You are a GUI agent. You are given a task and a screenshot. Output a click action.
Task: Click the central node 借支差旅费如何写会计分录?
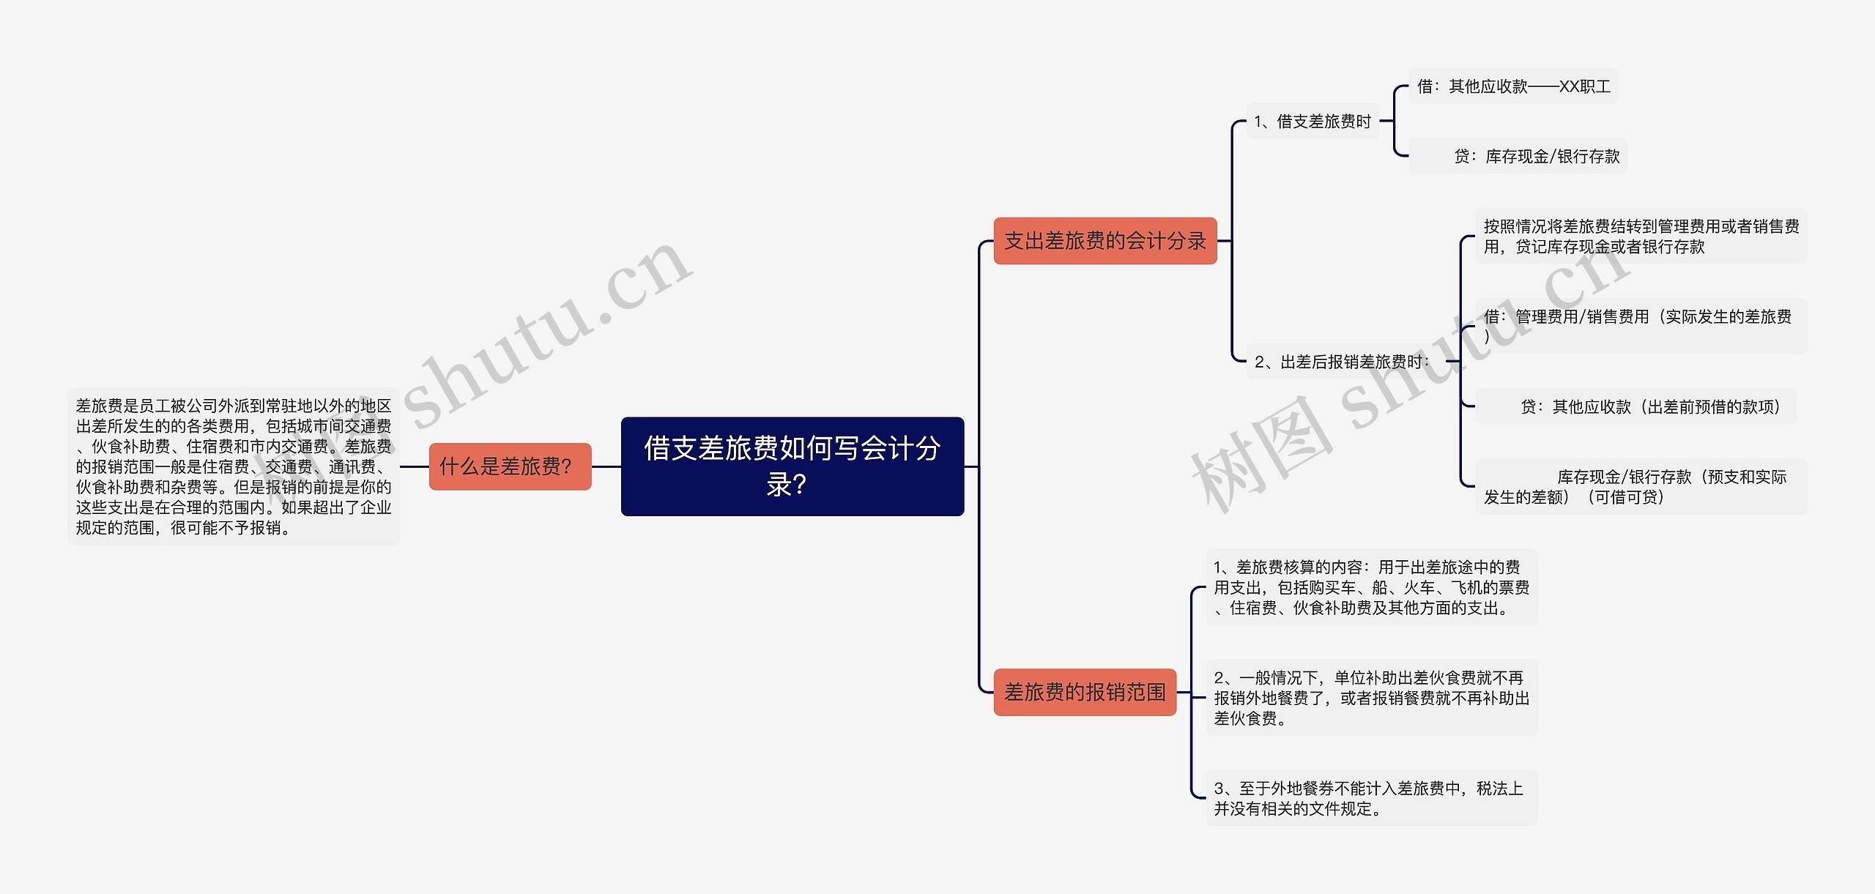pyautogui.click(x=792, y=466)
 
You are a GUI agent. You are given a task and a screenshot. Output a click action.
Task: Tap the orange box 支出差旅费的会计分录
pyautogui.click(x=1104, y=241)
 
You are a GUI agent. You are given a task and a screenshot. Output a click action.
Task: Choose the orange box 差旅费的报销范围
pyautogui.click(x=1084, y=692)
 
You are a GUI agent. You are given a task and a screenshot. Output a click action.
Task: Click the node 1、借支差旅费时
pyautogui.click(x=1312, y=122)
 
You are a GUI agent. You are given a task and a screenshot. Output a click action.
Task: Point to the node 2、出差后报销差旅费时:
pyautogui.click(x=1342, y=362)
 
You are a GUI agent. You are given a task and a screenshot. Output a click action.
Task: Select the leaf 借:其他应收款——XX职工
pyautogui.click(x=1513, y=86)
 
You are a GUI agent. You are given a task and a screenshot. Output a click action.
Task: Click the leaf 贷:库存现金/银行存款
pyautogui.click(x=1536, y=156)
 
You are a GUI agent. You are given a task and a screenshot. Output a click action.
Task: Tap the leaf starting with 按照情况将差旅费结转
pyautogui.click(x=1640, y=236)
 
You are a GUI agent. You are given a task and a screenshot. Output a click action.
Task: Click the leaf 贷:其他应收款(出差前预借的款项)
pyautogui.click(x=1649, y=406)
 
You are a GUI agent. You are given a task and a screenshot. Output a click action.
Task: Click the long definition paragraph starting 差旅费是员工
pyautogui.click(x=234, y=466)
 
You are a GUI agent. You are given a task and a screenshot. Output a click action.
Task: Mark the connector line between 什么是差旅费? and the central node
pyautogui.click(x=606, y=466)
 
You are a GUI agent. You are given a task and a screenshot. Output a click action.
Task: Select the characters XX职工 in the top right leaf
pyautogui.click(x=1585, y=86)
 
